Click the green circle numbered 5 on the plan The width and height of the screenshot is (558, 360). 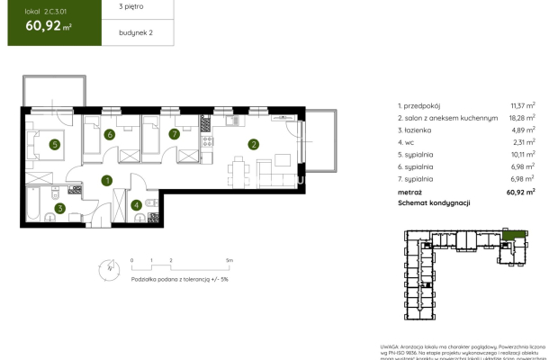tap(55, 144)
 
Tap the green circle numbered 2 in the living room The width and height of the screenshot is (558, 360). tap(254, 144)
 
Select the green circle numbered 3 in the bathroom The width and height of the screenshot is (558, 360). tap(60, 209)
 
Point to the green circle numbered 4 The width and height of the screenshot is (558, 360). tap(136, 204)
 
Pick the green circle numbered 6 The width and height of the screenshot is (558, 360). tap(109, 135)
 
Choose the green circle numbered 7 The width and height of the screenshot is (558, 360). tap(174, 135)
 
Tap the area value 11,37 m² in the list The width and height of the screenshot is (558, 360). tap(522, 105)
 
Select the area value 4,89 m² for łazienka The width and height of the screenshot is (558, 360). tap(523, 130)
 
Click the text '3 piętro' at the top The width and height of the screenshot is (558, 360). tap(118, 7)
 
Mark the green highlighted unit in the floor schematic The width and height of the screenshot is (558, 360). tap(515, 234)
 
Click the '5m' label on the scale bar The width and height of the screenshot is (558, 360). tap(229, 260)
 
